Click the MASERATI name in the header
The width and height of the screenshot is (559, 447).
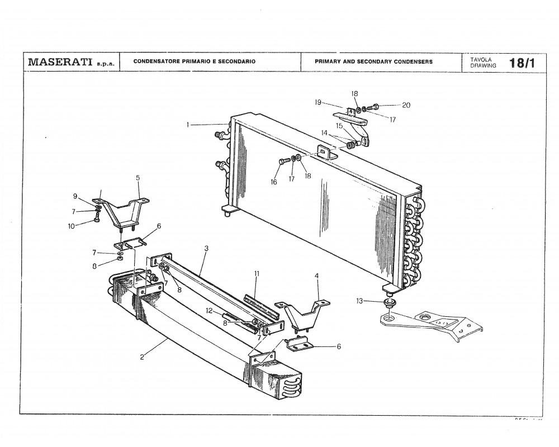tap(60, 62)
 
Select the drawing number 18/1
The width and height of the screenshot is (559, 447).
tap(522, 63)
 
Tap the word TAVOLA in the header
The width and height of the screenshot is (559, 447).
tap(480, 59)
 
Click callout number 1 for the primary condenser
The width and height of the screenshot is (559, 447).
tap(188, 125)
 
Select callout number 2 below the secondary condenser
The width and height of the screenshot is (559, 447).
tap(142, 357)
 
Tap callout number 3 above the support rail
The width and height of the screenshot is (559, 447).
tap(206, 248)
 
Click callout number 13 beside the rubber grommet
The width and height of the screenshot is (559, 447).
tap(359, 301)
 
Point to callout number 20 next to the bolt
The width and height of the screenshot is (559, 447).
tap(406, 105)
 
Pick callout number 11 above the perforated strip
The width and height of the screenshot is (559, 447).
tap(257, 274)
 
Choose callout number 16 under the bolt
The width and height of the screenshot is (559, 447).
tap(274, 182)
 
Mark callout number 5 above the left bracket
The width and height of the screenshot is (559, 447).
tap(138, 178)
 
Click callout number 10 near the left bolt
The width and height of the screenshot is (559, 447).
tap(72, 226)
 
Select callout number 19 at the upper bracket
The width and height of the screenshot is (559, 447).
tap(318, 102)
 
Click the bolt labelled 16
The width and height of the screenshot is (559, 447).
tap(284, 161)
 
